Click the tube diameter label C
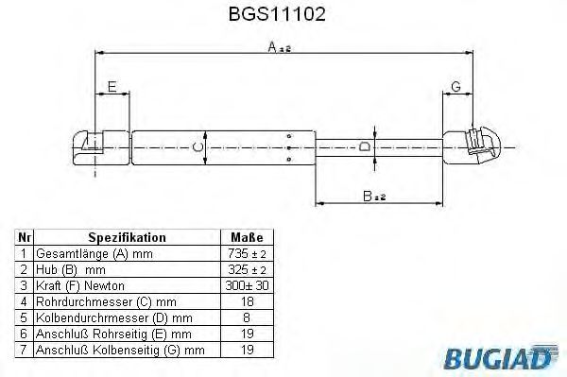tap(197, 146)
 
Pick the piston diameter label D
tap(365, 146)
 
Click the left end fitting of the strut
tap(94, 146)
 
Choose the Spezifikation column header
tap(127, 237)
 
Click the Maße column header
tap(246, 237)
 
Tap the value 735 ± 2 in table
tap(246, 254)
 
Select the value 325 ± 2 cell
tap(246, 270)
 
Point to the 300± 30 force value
tap(246, 286)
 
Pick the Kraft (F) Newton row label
tap(79, 286)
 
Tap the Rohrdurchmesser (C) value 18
tap(246, 302)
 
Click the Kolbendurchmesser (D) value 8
tap(246, 318)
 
